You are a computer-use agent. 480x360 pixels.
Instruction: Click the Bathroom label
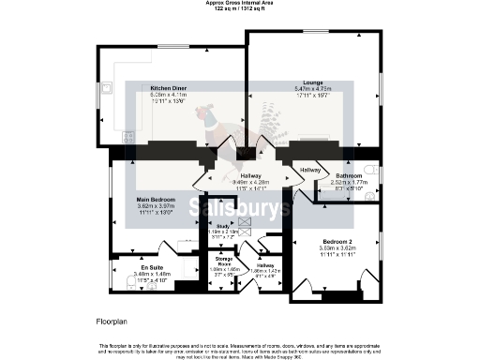click(x=350, y=175)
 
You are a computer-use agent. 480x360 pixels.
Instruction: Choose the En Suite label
click(x=126, y=268)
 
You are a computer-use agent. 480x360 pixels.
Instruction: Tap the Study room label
click(x=223, y=226)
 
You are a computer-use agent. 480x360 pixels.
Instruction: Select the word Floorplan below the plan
click(x=112, y=322)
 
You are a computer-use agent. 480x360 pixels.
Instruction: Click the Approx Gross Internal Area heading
click(x=239, y=3)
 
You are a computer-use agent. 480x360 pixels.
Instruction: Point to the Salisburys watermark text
click(x=240, y=207)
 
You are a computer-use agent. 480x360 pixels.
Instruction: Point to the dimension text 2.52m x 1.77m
click(x=350, y=182)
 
